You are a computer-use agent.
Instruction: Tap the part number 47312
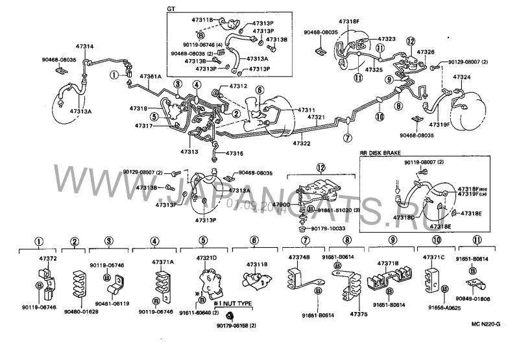tap(239, 86)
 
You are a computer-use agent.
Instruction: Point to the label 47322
tap(302, 143)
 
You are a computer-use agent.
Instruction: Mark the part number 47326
tap(426, 52)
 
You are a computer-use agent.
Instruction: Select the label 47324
tap(462, 77)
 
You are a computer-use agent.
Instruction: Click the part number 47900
tap(280, 204)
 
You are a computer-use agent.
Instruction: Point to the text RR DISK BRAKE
tap(382, 152)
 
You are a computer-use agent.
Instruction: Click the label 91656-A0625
tap(444, 308)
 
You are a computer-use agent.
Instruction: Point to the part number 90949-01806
tap(483, 300)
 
